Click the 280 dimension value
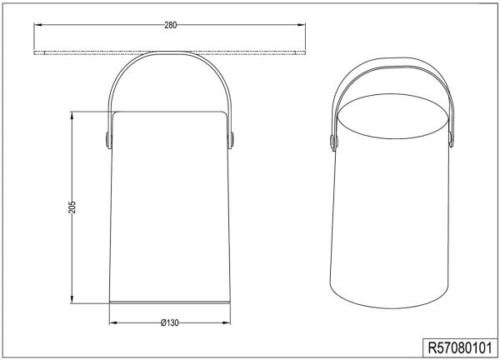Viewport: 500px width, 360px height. [x=170, y=26]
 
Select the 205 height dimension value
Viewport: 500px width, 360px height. [x=72, y=207]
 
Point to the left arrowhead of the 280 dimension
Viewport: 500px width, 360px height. [x=37, y=26]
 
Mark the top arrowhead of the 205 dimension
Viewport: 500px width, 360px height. [x=72, y=114]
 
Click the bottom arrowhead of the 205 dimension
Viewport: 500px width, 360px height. [x=72, y=301]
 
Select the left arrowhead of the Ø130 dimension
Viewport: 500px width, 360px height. [x=113, y=322]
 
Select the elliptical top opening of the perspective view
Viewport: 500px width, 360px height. [x=394, y=116]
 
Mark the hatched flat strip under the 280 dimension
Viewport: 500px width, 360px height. [x=169, y=53]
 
